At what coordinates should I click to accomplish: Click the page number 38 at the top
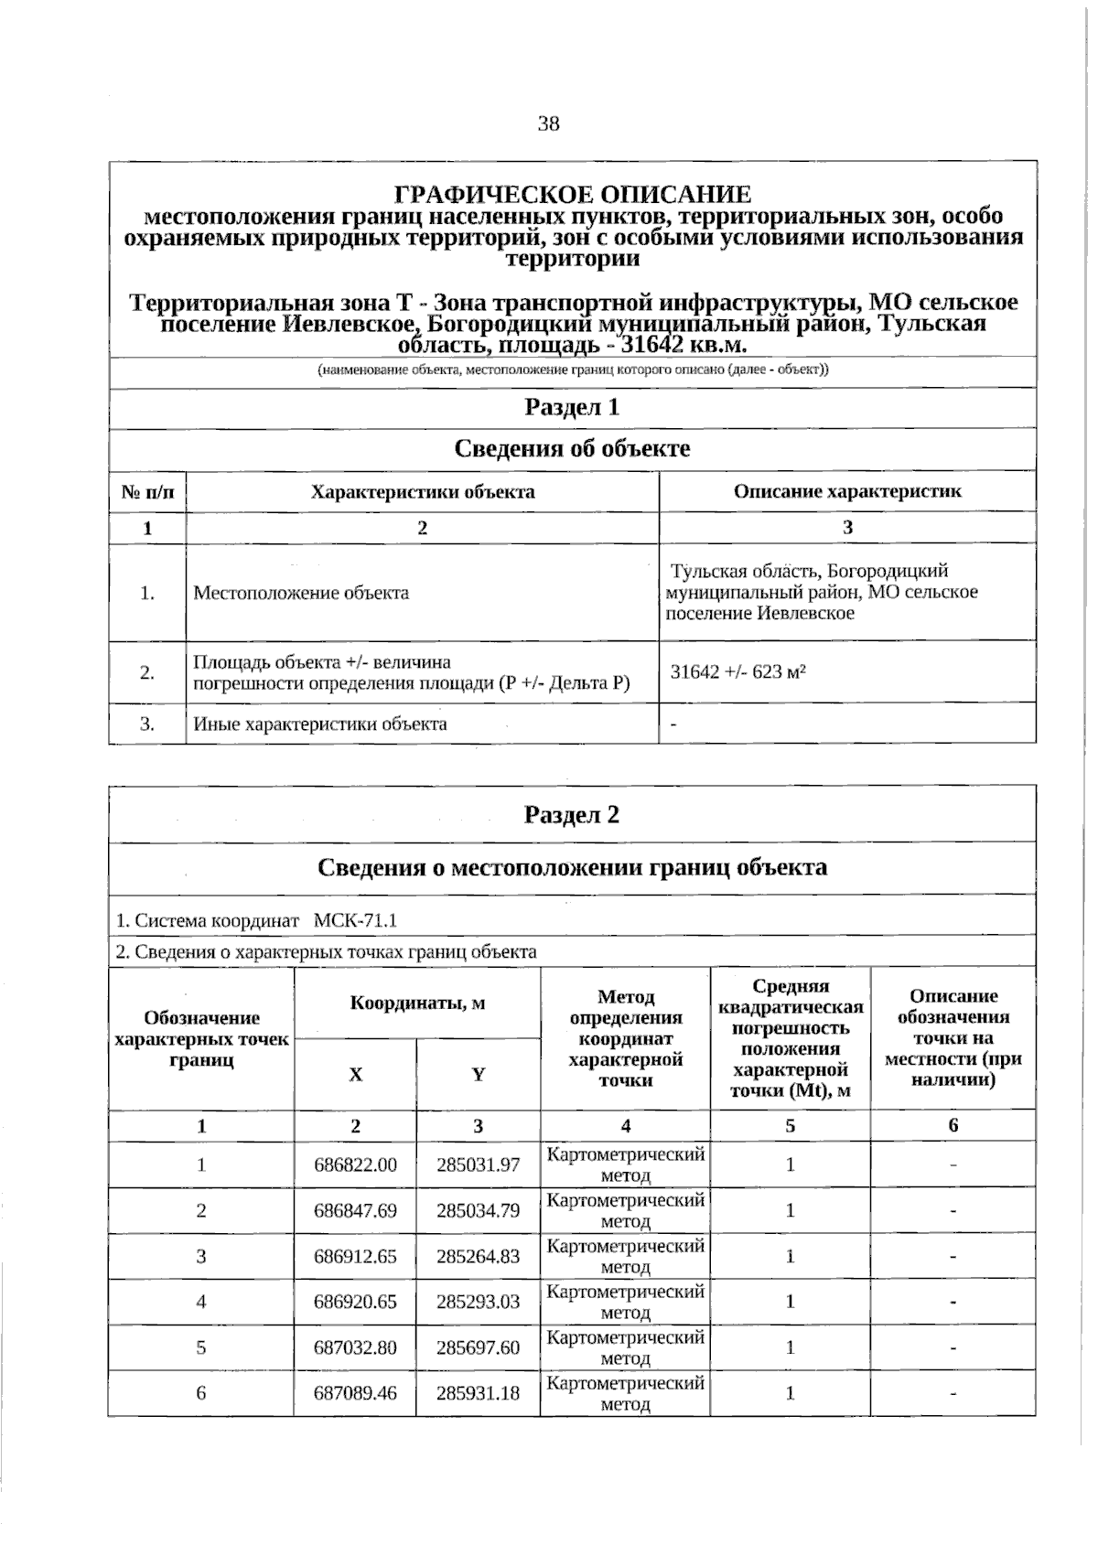549,124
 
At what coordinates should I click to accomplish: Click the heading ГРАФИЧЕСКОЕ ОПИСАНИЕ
573,195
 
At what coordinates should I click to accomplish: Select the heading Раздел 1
572,407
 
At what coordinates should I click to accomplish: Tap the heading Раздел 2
572,814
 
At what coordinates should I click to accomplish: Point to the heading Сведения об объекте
572,448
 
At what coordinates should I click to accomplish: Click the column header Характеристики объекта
423,491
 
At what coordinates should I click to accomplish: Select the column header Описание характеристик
847,491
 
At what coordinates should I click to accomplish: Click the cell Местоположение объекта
301,593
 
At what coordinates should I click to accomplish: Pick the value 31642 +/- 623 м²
737,672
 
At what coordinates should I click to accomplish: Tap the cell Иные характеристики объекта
320,724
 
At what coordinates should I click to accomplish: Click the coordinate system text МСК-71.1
355,920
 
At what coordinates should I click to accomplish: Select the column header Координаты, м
417,1003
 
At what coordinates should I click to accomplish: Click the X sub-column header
356,1075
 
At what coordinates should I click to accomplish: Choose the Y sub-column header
479,1075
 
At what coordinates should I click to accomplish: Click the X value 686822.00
355,1164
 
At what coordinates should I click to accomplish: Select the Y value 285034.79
478,1210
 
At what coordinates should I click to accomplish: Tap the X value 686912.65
355,1256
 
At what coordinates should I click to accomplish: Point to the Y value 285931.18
478,1393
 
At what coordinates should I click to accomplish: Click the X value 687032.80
355,1347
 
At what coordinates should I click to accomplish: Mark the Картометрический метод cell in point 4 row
626,1302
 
